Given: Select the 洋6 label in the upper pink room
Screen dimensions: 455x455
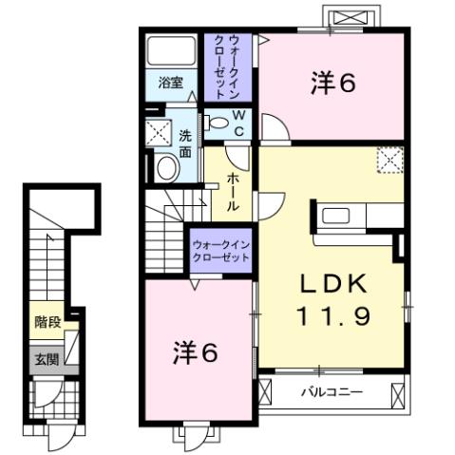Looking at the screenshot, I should click(x=332, y=85).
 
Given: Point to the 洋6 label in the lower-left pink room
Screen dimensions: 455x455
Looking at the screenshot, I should click(x=195, y=352).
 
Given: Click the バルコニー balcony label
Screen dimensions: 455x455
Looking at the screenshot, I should click(x=331, y=390).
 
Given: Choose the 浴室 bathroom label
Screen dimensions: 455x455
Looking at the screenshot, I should click(x=171, y=83).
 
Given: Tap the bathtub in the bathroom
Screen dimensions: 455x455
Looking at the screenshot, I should click(x=171, y=50).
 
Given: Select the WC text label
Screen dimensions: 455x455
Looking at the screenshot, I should click(x=239, y=123).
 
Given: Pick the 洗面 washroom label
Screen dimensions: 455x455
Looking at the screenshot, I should click(x=185, y=142).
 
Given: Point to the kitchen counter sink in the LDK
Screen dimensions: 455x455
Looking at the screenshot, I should click(x=337, y=216).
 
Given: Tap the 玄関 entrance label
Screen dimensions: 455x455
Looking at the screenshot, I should click(x=46, y=359).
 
